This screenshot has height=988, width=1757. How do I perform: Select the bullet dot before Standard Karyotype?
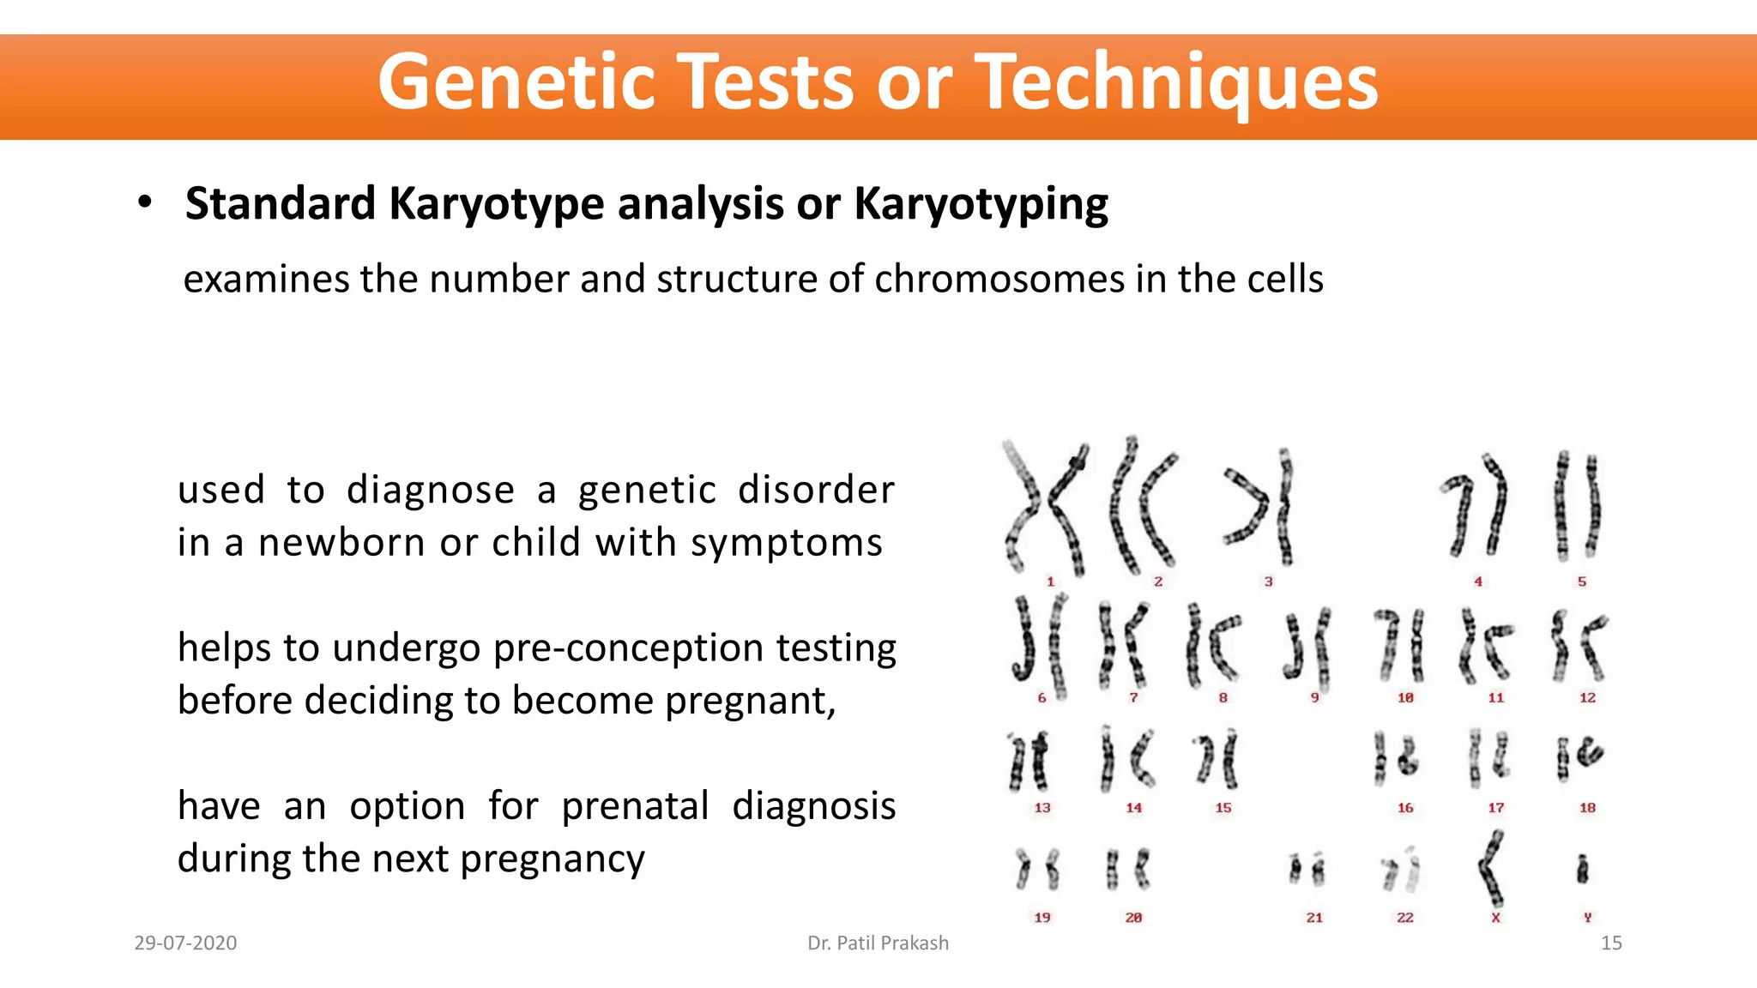point(145,202)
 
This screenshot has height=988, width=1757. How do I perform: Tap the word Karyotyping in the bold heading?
point(981,204)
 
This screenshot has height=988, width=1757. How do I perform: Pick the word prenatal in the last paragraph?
point(635,806)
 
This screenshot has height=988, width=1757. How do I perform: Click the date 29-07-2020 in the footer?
point(185,943)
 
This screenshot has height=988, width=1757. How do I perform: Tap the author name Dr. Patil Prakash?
point(878,943)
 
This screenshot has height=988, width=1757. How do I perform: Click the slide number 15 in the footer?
point(1610,943)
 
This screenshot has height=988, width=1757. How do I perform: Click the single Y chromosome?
point(1583,870)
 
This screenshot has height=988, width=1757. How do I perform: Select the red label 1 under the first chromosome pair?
point(1050,581)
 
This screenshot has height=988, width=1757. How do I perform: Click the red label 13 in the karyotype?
point(1042,808)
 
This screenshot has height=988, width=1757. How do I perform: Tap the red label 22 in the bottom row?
point(1404,918)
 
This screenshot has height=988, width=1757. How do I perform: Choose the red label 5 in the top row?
point(1581,581)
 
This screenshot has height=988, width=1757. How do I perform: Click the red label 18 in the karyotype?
point(1587,808)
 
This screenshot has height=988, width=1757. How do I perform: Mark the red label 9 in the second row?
point(1314,698)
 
